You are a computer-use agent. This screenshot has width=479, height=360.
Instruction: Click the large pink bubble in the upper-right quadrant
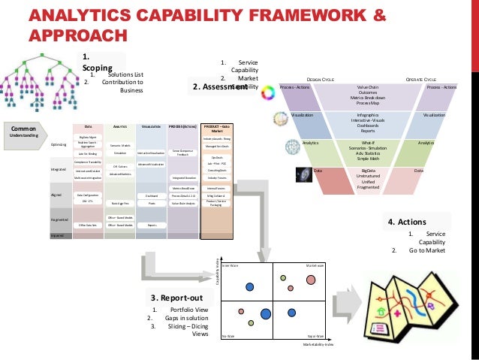click(311, 280)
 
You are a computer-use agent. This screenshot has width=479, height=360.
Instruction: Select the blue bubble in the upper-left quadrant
click(249, 287)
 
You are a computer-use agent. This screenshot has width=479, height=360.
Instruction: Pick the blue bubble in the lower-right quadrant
click(265, 314)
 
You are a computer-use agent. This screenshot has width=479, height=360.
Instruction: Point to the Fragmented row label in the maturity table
click(59, 219)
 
